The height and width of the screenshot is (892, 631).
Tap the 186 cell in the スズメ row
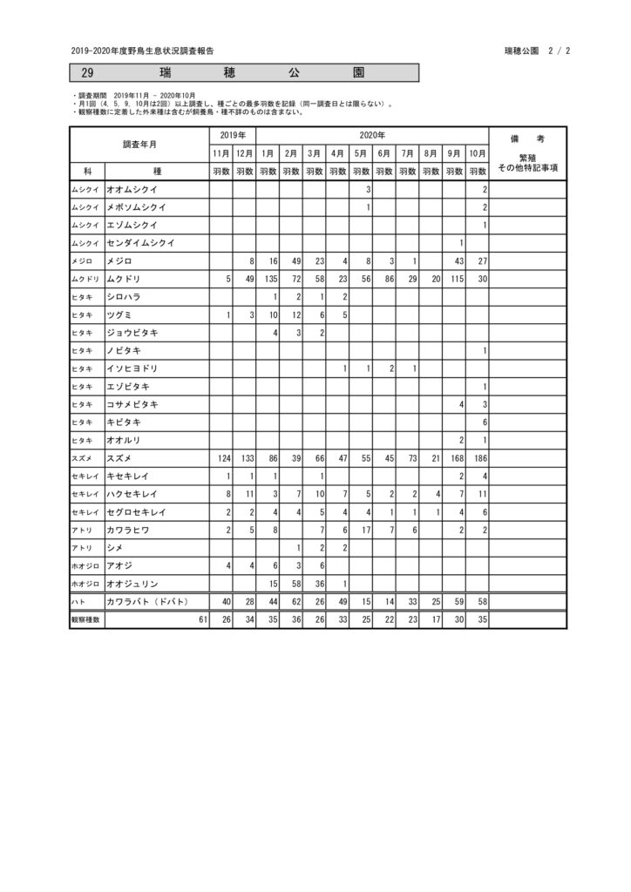(x=478, y=457)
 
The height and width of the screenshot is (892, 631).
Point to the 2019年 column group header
(x=232, y=135)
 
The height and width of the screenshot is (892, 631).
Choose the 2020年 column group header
(x=372, y=135)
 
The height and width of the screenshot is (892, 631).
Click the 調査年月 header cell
(x=139, y=144)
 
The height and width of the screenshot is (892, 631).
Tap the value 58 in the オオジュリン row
(x=295, y=583)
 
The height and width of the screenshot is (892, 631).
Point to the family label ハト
(x=79, y=602)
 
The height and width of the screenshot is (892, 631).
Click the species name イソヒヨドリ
(x=132, y=368)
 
